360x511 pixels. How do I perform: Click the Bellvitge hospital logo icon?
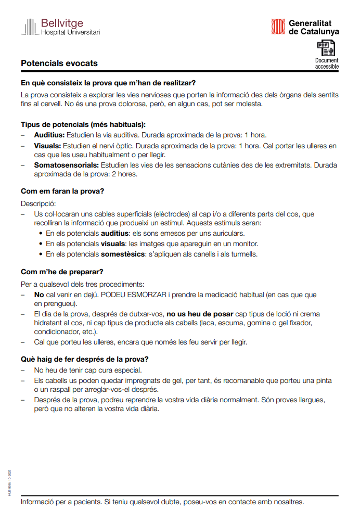coord(29,27)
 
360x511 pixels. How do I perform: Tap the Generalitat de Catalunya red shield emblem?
coord(278,27)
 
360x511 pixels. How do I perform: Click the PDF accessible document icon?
coord(326,48)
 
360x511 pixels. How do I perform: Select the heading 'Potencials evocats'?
coord(59,63)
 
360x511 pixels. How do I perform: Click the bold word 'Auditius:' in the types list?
coord(49,135)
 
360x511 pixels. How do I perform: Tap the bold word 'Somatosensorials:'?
coord(67,165)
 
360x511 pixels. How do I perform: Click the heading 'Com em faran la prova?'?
coord(62,191)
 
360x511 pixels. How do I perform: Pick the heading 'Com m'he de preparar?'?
coord(62,272)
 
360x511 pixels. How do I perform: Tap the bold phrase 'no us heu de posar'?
coord(199,314)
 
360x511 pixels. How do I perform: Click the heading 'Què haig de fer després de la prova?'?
coord(85,359)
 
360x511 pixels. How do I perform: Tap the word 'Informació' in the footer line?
coord(38,502)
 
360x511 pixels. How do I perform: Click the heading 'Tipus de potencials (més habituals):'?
coord(83,124)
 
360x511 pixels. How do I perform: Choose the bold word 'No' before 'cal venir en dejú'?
coord(39,295)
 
